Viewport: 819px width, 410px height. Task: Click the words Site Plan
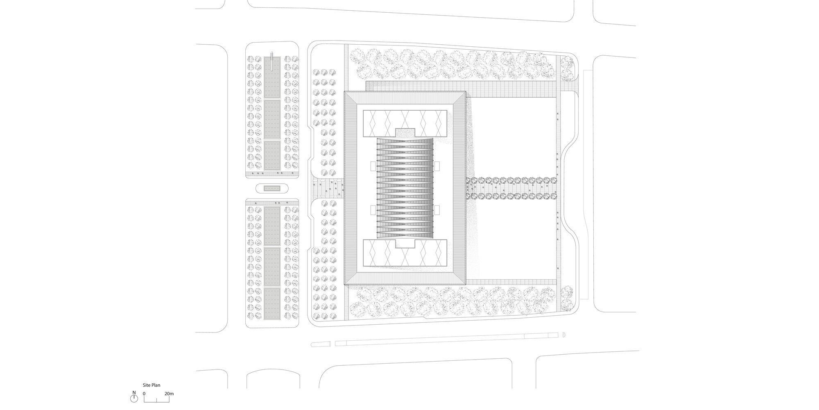click(x=151, y=385)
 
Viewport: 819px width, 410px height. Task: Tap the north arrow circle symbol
click(x=133, y=398)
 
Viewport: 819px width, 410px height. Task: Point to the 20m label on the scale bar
click(x=169, y=394)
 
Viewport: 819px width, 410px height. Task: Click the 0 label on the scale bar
click(x=144, y=394)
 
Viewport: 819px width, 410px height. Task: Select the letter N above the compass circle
click(x=133, y=392)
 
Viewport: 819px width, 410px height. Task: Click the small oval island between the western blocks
click(x=271, y=189)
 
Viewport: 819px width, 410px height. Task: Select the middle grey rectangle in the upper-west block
click(x=272, y=119)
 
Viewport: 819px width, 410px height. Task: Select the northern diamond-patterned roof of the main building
click(x=404, y=123)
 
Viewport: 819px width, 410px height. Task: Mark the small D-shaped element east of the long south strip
click(x=563, y=335)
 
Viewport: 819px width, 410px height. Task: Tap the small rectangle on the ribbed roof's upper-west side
click(x=373, y=166)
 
